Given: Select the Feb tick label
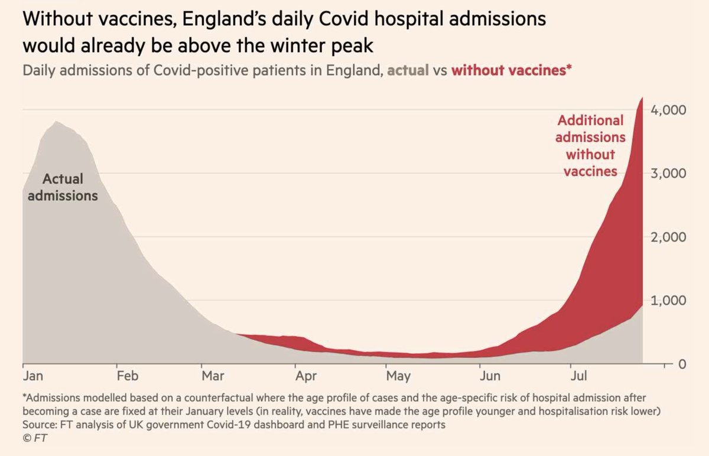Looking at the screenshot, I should tap(127, 376).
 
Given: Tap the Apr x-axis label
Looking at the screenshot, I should tap(305, 376).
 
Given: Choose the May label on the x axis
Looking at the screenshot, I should tap(398, 376).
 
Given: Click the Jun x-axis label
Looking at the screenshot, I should tap(489, 376).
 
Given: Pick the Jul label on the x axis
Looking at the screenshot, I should tap(578, 376).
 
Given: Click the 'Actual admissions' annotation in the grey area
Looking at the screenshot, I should tap(63, 187).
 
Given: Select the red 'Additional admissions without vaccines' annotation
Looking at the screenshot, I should tap(590, 146).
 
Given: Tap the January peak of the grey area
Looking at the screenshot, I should tap(56, 122).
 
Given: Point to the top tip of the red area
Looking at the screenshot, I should tap(642, 98).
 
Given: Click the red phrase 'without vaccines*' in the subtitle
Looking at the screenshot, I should tap(511, 70).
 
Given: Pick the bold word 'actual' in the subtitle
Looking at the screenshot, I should tap(408, 70).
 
